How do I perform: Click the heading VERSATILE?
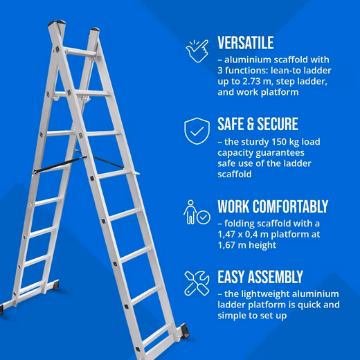246,43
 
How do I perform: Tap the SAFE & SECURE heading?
258,124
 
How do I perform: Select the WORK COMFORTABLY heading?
273,206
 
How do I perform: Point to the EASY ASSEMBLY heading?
260,277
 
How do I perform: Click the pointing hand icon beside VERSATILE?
197,51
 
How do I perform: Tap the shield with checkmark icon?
197,131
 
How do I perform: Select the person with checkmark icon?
197,213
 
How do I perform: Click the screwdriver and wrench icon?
197,283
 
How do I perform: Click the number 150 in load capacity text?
279,142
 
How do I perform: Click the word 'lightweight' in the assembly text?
262,294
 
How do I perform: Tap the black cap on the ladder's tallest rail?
57,23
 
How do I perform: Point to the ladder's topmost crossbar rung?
80,52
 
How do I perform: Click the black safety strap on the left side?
60,164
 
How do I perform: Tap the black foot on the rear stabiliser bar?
55,285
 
